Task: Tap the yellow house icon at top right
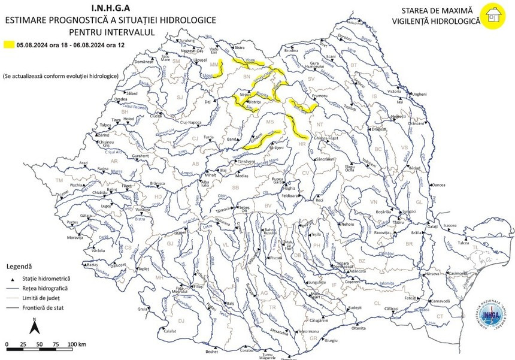tap(493, 16)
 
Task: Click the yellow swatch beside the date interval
tap(9, 44)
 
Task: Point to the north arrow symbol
tap(35, 327)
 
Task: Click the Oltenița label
tap(359, 329)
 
